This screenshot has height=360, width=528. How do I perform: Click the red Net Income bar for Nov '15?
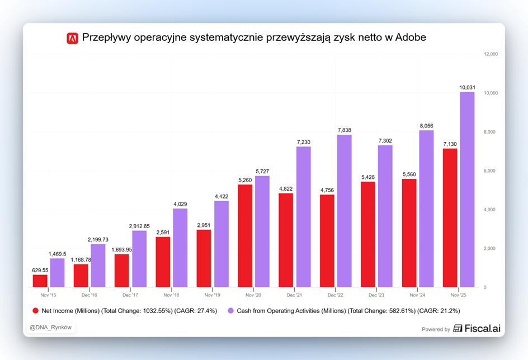coord(40,281)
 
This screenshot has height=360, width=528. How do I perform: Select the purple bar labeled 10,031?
coord(467,190)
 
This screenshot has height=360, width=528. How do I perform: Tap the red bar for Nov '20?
coord(245,236)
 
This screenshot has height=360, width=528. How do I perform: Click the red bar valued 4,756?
coord(327,241)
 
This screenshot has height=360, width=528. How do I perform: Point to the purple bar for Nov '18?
coord(180,248)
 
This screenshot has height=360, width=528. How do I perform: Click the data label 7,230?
coord(303,142)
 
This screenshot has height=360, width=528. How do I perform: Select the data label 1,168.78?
coord(81,259)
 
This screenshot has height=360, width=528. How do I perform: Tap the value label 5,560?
coord(409,174)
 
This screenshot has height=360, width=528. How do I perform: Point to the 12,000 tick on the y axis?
coord(491,54)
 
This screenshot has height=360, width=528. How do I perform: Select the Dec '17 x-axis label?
coord(130,295)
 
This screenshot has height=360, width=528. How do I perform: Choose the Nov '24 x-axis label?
coord(418,295)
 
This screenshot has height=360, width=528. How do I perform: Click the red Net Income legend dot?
coord(36,311)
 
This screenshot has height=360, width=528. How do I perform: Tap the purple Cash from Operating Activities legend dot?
coord(230,311)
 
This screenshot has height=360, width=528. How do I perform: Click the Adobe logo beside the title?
coord(72,38)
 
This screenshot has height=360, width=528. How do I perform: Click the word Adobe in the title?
coord(411,38)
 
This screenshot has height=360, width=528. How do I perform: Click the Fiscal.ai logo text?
coord(474,329)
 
